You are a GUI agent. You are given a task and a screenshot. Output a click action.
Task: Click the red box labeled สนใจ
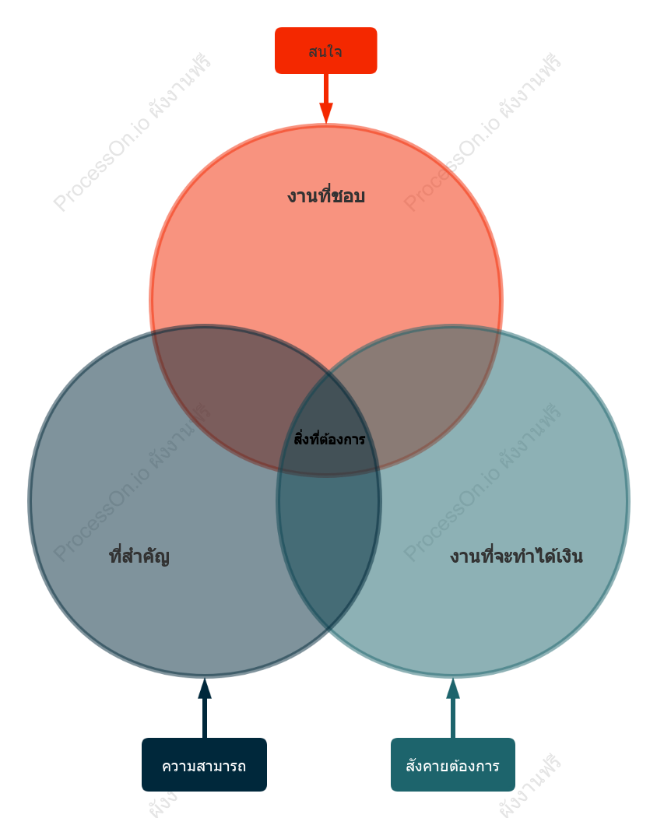click(x=325, y=51)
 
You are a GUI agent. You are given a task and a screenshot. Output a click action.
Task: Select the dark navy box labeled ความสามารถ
click(x=204, y=764)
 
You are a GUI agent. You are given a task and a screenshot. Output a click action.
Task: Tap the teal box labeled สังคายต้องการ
click(x=452, y=764)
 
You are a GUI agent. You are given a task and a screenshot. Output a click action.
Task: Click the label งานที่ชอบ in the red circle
click(x=325, y=195)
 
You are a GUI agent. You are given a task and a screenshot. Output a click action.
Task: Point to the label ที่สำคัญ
click(x=139, y=556)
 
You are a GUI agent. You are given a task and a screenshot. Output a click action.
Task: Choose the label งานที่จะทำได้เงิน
click(x=516, y=556)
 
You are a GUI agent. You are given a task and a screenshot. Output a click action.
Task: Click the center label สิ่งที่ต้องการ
click(x=329, y=438)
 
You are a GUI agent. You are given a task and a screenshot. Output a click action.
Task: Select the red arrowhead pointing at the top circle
click(x=326, y=113)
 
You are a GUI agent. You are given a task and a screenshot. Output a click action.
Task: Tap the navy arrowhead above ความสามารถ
click(x=205, y=688)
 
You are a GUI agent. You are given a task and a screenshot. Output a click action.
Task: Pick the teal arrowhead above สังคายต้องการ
click(x=453, y=688)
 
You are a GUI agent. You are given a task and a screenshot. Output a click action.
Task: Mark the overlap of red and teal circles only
click(x=428, y=386)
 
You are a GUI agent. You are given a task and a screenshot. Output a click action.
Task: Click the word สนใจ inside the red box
click(x=325, y=51)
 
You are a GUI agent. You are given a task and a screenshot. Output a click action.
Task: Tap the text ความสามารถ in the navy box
click(x=204, y=766)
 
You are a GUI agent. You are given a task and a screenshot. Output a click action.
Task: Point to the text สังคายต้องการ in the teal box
click(x=452, y=766)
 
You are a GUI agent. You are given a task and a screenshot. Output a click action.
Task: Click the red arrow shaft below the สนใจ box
click(x=326, y=89)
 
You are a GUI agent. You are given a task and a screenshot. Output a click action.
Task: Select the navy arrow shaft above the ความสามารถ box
click(x=205, y=718)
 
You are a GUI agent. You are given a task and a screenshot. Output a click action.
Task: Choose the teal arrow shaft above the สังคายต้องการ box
click(x=453, y=718)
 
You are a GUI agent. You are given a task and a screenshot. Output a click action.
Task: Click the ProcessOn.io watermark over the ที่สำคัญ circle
click(x=132, y=482)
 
